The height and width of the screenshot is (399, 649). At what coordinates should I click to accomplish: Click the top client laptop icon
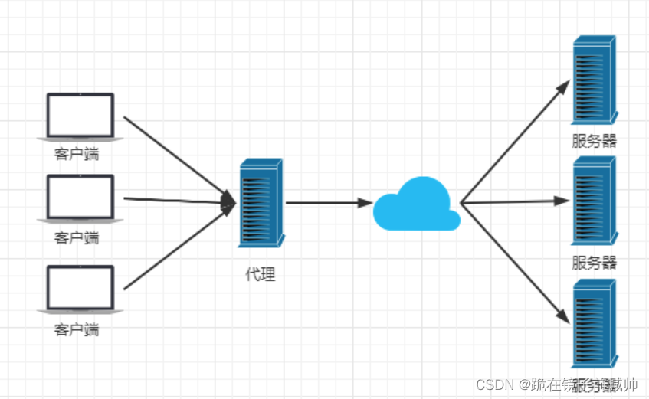(x=80, y=116)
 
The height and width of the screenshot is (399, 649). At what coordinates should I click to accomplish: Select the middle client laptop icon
(x=80, y=198)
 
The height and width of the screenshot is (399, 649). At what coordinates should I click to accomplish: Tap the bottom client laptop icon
(x=80, y=289)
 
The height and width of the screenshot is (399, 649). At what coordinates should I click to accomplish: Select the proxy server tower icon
(x=260, y=203)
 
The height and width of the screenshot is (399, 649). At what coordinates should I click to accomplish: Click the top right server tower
(x=594, y=81)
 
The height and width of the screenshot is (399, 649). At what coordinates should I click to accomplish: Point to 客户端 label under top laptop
(x=77, y=155)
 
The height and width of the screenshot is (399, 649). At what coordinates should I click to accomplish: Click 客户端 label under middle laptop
(x=77, y=237)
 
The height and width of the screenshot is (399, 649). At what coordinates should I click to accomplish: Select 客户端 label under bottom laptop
(x=77, y=330)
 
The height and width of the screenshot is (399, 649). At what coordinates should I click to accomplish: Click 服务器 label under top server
(x=594, y=142)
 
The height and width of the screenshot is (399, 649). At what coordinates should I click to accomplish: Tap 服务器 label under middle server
(x=594, y=263)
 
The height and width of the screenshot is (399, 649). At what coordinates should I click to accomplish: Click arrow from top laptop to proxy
(x=176, y=156)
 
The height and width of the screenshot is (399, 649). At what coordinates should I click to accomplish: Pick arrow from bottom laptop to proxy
(x=176, y=249)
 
